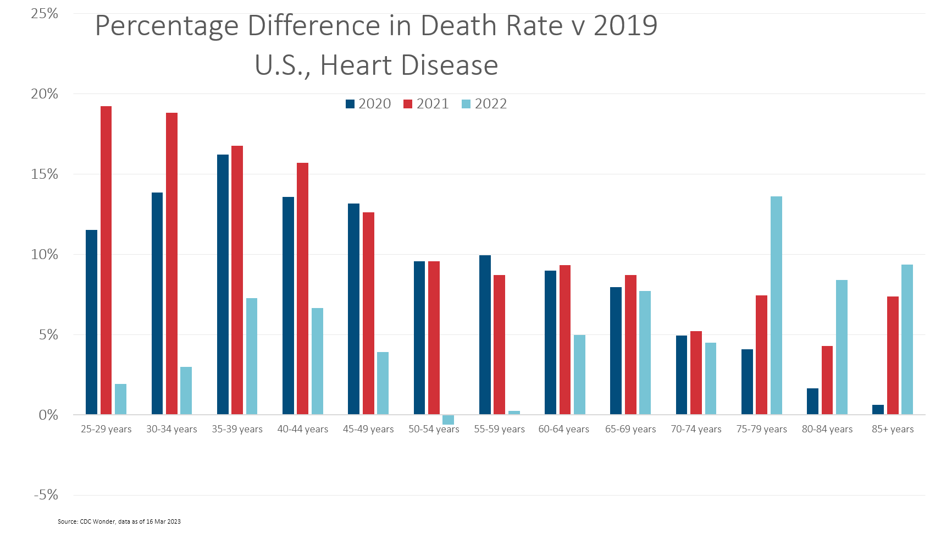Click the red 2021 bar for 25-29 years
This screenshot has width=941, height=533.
[106, 260]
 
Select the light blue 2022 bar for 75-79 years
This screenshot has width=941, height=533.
[776, 305]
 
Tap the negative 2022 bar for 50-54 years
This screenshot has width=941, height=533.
[448, 420]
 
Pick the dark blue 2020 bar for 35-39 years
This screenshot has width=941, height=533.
[223, 284]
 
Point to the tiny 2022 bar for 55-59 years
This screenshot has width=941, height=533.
[514, 413]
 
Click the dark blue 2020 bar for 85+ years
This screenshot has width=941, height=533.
[878, 410]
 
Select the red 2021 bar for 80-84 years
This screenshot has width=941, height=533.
[827, 380]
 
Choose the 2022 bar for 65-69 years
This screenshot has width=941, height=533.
[645, 353]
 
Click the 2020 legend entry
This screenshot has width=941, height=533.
[368, 104]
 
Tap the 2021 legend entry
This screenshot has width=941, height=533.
[427, 104]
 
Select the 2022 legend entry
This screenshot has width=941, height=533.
[484, 104]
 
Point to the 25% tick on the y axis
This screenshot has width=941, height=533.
[45, 14]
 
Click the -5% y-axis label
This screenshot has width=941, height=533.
[46, 495]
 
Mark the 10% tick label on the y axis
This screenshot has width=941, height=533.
[45, 255]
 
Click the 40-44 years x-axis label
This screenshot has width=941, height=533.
[302, 429]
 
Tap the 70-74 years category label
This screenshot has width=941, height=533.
[696, 429]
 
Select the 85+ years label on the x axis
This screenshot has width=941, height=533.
[893, 429]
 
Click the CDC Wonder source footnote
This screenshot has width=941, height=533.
[119, 521]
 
